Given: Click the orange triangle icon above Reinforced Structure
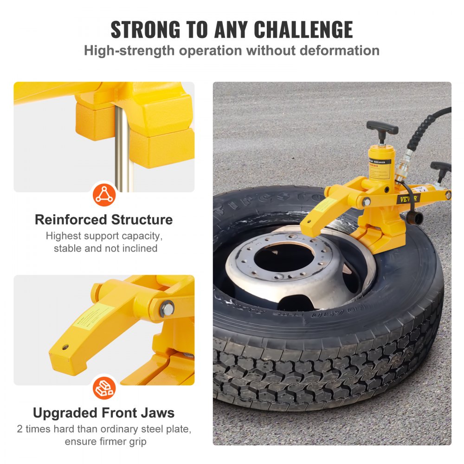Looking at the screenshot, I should click(104, 194).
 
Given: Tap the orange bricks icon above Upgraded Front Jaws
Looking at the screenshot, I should click(104, 388).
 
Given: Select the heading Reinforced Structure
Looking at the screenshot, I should click(104, 219).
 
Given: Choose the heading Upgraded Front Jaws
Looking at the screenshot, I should click(104, 412).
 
